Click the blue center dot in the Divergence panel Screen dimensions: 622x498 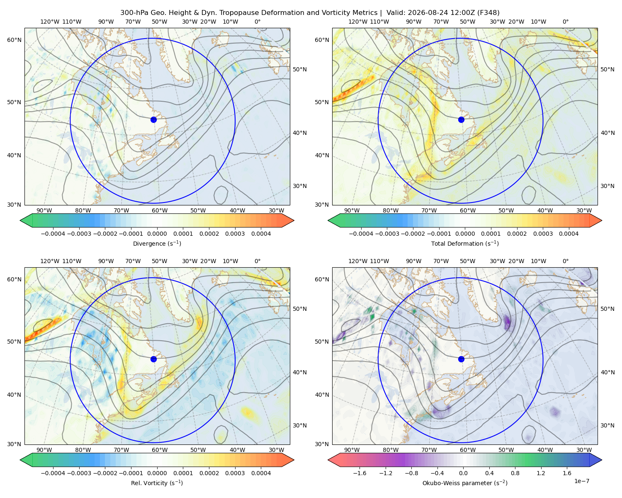[x=153, y=120]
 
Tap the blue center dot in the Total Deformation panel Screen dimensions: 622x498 [x=461, y=120]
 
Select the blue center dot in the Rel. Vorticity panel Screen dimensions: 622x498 [x=153, y=359]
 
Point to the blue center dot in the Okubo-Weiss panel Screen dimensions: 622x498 [x=461, y=359]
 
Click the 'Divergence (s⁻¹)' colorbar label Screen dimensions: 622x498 [x=157, y=243]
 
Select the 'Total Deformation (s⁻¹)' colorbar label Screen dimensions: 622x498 [x=465, y=243]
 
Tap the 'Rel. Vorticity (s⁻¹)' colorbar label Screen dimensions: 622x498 [x=157, y=483]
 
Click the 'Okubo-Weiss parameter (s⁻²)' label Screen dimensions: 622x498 [x=465, y=483]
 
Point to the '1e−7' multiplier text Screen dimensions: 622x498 [x=581, y=481]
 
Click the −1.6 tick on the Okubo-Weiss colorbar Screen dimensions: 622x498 [x=360, y=473]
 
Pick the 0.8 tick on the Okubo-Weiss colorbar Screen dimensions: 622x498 [x=515, y=473]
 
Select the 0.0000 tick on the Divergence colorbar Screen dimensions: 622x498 [x=157, y=234]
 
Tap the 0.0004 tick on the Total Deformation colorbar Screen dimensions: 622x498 [x=569, y=234]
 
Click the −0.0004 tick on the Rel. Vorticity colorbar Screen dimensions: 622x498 [x=53, y=473]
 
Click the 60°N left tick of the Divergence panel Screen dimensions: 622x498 [x=15, y=40]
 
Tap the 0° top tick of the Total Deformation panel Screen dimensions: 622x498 [x=565, y=22]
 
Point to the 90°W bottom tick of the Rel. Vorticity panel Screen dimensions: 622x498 [x=44, y=450]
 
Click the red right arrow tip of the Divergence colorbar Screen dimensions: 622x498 [x=294, y=220]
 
